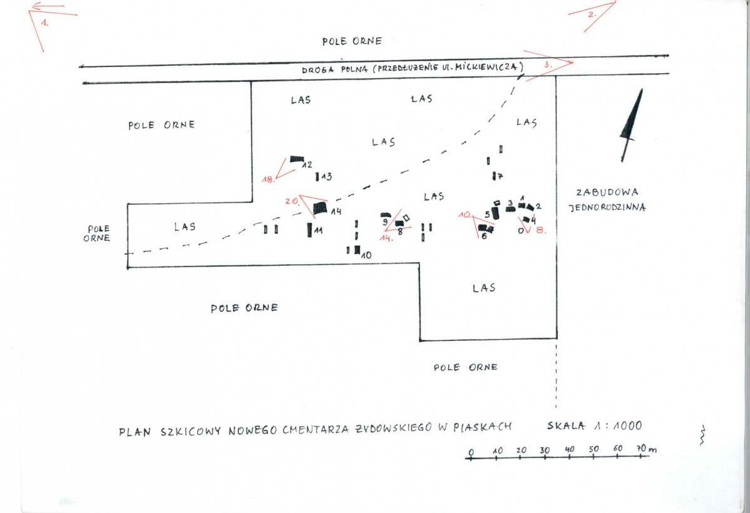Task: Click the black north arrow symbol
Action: coord(631,125)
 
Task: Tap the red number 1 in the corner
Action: coord(44,22)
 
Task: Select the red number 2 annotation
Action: coord(592,14)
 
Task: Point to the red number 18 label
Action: coord(269,180)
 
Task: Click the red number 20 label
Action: coord(292,201)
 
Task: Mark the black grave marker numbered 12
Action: coord(297,159)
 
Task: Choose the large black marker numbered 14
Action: coord(320,208)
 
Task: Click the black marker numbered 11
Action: coord(309,230)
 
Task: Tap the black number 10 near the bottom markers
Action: coord(366,255)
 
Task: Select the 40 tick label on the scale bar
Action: coord(569,449)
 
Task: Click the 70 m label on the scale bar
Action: coord(647,449)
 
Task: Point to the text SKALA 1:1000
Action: coord(595,425)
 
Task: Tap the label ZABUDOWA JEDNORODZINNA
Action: coord(607,200)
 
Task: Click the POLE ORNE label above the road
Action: coord(352,41)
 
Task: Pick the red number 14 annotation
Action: coord(386,238)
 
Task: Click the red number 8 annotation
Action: coord(540,230)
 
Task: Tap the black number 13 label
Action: coord(326,177)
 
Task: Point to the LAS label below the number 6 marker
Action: coord(484,288)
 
